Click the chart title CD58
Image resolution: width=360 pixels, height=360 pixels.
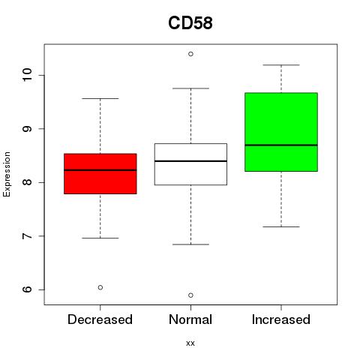click(190, 23)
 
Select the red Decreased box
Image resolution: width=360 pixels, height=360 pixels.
click(100, 174)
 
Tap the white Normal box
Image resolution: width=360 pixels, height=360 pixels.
click(190, 164)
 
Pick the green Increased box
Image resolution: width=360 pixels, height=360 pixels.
click(281, 132)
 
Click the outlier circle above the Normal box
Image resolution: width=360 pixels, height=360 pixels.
click(190, 54)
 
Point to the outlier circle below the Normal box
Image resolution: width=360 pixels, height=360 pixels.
click(190, 295)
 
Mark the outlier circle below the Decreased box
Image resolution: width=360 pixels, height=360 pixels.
click(100, 287)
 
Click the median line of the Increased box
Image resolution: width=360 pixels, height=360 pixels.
click(281, 145)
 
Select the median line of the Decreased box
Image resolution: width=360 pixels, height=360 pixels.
click(100, 170)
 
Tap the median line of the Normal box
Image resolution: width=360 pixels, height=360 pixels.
click(190, 161)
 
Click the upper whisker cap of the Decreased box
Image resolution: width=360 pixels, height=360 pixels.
click(100, 98)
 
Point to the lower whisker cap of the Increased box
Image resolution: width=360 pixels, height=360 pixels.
click(281, 226)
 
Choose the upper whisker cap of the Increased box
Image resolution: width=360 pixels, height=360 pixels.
click(281, 65)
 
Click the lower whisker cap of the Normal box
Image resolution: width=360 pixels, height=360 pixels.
click(190, 244)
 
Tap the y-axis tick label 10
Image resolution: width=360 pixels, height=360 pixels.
click(27, 75)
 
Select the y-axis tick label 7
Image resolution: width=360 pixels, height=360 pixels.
click(27, 236)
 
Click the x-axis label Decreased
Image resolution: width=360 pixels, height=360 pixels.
click(100, 319)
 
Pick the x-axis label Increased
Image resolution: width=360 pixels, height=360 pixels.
click(281, 319)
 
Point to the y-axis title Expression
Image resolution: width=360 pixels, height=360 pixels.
click(7, 174)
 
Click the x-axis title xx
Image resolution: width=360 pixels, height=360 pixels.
click(190, 343)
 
